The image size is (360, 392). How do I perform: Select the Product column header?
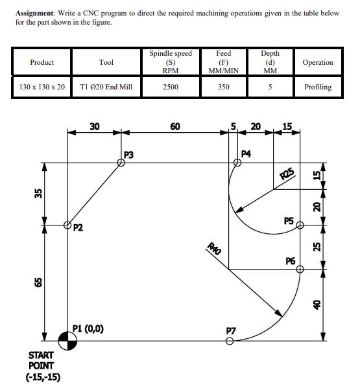42,63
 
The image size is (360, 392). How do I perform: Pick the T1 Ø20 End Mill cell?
106,87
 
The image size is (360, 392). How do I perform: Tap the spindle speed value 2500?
171,87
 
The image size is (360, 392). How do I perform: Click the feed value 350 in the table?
223,87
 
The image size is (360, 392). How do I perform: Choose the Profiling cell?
318,87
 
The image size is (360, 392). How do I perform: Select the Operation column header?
318,63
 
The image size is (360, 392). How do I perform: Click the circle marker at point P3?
121,163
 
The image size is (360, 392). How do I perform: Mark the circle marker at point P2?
68,225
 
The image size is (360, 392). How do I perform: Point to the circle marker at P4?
238,163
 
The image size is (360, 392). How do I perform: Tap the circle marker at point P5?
299,225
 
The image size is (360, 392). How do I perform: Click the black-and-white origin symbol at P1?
68,338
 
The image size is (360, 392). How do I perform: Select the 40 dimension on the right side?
317,303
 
